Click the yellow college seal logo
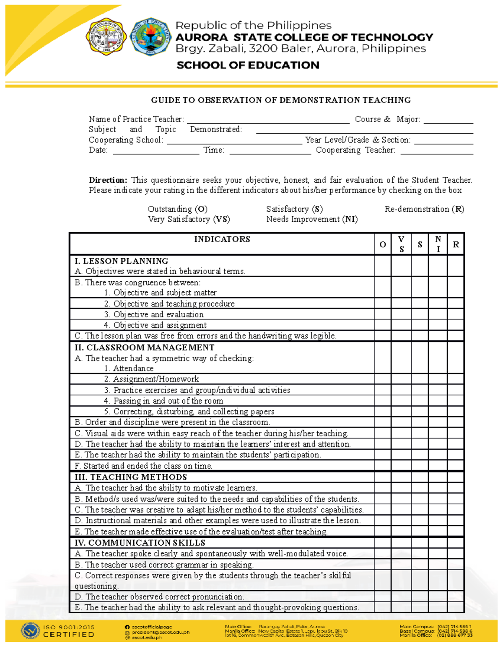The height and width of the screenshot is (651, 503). (106, 37)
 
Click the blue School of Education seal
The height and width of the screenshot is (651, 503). (151, 37)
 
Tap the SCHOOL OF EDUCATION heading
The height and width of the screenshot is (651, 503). (248, 65)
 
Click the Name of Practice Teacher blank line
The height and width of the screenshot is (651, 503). (268, 120)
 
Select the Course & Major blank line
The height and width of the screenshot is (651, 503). (448, 120)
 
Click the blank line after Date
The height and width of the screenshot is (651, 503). (156, 151)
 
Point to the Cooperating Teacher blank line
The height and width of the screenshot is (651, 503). (437, 151)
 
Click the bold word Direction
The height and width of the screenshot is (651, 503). (108, 180)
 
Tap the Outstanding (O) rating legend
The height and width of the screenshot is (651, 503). (177, 209)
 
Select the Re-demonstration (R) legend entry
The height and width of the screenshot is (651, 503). (424, 209)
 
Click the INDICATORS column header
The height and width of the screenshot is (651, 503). (222, 239)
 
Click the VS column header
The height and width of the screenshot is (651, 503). (401, 244)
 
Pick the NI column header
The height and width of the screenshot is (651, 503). (438, 244)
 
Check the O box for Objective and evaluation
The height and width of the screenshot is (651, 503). (382, 314)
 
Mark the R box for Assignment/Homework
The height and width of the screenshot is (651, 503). (456, 379)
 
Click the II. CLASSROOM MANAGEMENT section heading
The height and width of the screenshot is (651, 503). (144, 348)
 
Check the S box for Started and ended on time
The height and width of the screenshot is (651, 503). (420, 466)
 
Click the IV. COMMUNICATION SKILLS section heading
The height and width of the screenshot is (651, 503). (140, 543)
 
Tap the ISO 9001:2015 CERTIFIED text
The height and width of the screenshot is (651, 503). (68, 631)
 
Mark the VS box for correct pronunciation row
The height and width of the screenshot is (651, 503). (401, 597)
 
